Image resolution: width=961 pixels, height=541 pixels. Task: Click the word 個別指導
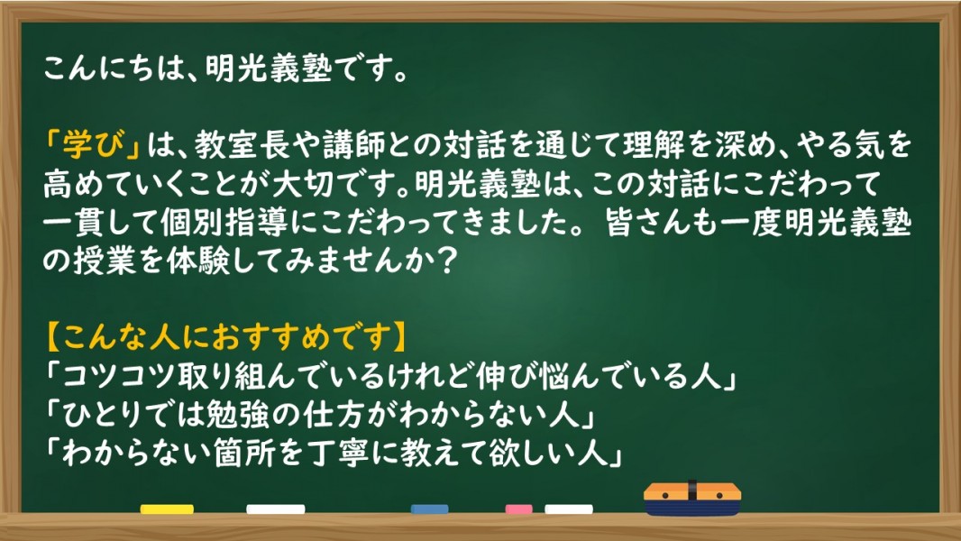(224, 223)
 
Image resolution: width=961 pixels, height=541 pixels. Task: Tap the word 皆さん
(652, 223)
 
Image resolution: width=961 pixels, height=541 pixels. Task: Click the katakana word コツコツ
(119, 376)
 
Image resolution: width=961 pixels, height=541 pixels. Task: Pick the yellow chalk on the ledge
(167, 509)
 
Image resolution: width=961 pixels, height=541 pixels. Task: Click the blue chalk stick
(430, 509)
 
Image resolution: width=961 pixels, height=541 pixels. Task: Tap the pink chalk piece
(518, 509)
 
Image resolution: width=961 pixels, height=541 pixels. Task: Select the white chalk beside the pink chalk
(569, 509)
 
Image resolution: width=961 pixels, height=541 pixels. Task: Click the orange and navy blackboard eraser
(692, 499)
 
